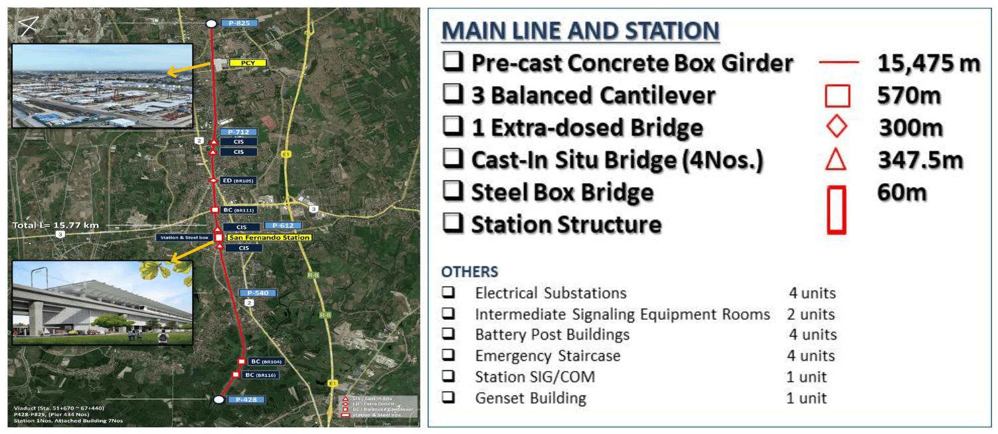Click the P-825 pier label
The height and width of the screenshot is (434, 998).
(x=238, y=23)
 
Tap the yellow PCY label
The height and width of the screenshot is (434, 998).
(x=247, y=63)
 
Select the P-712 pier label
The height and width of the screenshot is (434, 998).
(x=238, y=132)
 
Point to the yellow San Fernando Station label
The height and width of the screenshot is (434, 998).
(x=268, y=237)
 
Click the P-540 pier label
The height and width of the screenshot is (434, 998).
(x=258, y=293)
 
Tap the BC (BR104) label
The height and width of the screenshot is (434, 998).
(x=264, y=362)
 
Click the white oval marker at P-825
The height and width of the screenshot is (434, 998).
(x=211, y=23)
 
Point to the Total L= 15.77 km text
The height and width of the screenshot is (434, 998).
(x=56, y=226)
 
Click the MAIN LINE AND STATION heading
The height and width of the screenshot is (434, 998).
(x=580, y=31)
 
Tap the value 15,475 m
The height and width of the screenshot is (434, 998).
(x=928, y=63)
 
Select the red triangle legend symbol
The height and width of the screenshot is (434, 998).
(x=837, y=160)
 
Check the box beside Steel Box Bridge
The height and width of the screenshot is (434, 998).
(x=454, y=191)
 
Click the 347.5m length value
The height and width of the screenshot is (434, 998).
(x=920, y=160)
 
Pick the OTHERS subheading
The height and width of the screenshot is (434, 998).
(x=469, y=271)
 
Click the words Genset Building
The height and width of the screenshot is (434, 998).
(x=530, y=398)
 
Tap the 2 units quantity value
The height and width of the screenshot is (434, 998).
(x=811, y=314)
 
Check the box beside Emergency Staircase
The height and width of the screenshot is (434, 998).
(x=449, y=356)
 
